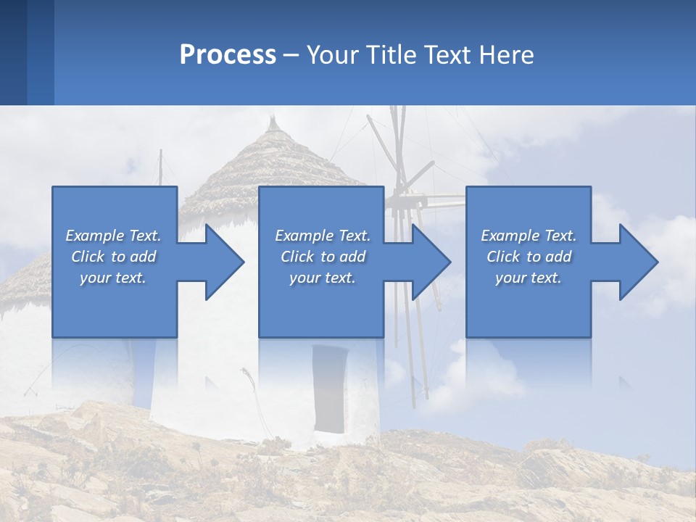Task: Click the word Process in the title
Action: (228, 55)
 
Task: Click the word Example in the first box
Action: (94, 236)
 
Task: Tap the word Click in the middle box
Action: (297, 257)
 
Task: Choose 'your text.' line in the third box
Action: (528, 278)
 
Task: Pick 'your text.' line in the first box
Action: (113, 278)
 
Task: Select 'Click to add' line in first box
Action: (113, 257)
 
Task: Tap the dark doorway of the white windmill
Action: (329, 388)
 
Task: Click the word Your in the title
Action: (332, 55)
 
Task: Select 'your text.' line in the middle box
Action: (322, 278)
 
